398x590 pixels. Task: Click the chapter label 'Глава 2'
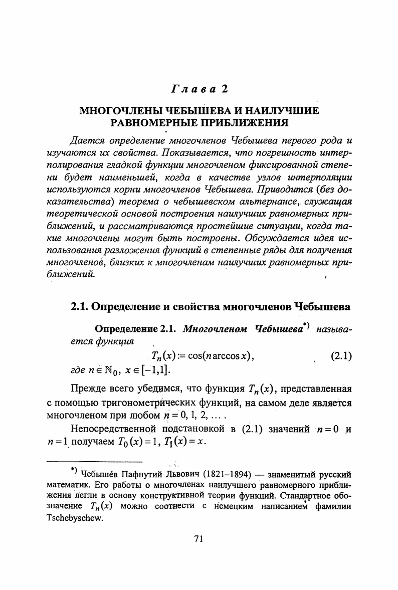tap(199, 89)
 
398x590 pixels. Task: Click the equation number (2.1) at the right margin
tap(341, 356)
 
